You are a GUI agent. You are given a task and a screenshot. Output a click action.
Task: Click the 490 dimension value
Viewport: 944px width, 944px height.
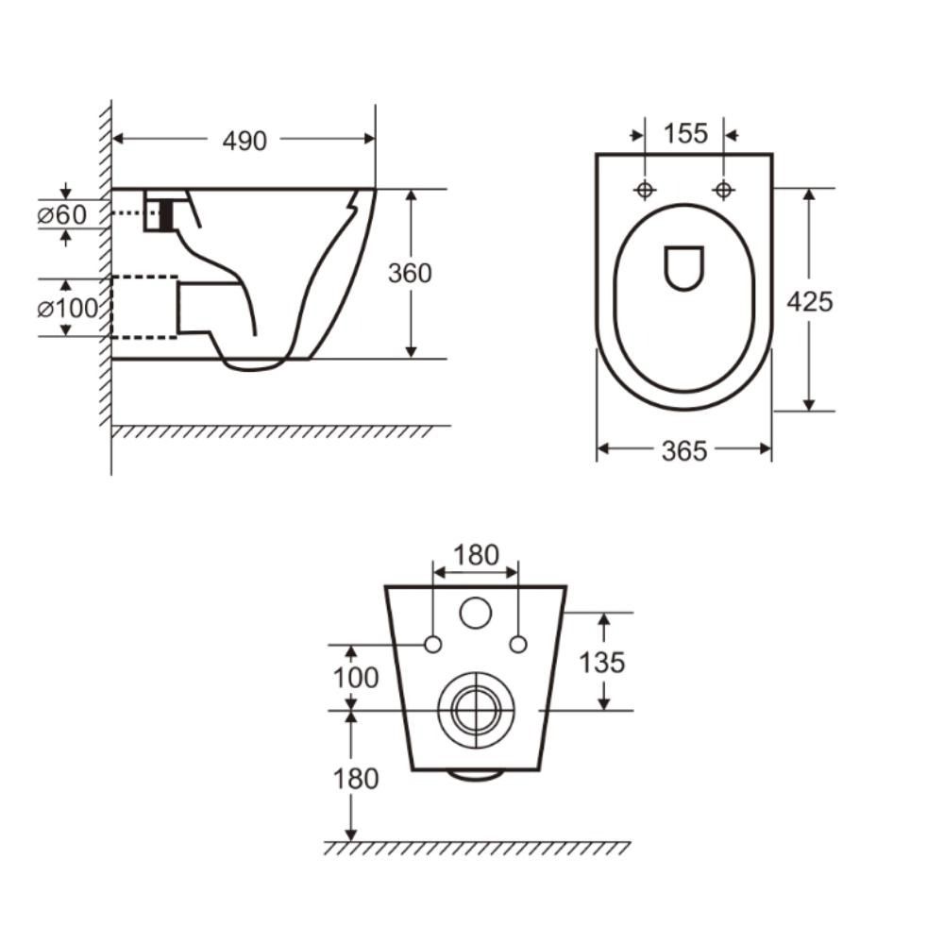point(244,141)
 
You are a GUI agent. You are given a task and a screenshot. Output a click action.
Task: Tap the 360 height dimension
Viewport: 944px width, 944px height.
point(410,273)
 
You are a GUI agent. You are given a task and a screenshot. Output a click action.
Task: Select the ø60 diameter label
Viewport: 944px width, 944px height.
point(61,214)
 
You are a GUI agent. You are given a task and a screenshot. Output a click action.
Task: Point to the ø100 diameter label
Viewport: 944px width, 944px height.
point(68,308)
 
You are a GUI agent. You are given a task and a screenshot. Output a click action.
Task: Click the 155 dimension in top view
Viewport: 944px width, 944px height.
point(684,134)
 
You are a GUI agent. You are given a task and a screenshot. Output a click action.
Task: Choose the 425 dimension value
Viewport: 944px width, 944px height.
point(809,301)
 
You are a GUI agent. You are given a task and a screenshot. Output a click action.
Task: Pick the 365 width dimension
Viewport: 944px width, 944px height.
point(683,451)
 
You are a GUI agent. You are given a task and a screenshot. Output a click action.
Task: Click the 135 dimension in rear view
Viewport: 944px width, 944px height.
point(601,662)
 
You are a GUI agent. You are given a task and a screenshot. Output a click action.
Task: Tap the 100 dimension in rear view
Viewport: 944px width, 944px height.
point(355,678)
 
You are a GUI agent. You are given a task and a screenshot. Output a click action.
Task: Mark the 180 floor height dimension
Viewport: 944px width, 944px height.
point(355,779)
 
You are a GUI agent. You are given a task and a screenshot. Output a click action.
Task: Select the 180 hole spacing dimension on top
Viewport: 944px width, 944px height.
point(475,555)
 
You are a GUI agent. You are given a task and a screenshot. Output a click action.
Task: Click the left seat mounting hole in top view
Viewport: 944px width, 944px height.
point(645,190)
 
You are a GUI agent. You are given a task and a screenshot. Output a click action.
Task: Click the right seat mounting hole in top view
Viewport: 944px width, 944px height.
point(723,190)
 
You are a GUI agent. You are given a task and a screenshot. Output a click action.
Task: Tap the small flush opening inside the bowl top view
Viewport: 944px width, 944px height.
point(684,267)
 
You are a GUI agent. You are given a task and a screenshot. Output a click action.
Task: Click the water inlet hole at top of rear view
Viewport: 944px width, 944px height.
point(476,614)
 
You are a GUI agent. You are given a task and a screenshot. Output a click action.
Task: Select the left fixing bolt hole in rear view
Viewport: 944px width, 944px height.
point(433,645)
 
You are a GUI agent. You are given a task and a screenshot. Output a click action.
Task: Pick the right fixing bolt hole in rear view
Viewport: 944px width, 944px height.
point(517,645)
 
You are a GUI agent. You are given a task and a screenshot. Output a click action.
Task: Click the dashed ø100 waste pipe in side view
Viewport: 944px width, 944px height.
point(143,307)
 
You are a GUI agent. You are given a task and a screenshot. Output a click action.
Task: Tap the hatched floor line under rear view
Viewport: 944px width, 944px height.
point(477,848)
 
